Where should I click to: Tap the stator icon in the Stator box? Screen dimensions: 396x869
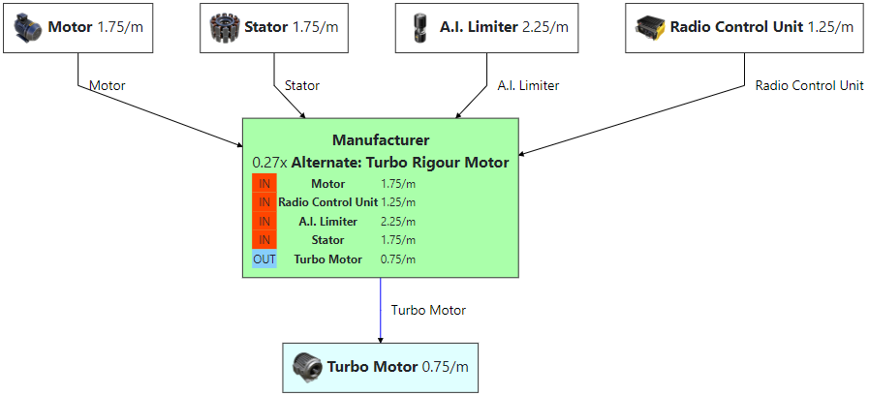click(225, 27)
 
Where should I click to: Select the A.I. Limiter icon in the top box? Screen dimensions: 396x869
click(419, 27)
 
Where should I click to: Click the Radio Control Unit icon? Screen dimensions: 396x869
click(649, 27)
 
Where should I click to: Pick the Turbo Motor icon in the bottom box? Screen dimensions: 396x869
click(308, 367)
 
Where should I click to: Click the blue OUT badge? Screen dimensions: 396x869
click(264, 259)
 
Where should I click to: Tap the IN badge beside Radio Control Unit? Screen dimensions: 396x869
click(264, 202)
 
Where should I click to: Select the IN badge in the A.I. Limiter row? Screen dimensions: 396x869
click(264, 222)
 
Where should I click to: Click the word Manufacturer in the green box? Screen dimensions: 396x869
click(380, 140)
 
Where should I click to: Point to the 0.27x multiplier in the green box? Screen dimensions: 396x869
click(269, 163)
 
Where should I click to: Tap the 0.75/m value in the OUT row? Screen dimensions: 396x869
click(398, 259)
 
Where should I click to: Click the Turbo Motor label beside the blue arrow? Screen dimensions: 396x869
click(428, 311)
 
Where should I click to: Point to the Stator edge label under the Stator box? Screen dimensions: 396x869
click(302, 86)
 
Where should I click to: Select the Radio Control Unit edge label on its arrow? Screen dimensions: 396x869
click(809, 86)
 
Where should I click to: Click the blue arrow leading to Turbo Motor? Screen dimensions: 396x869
click(380, 310)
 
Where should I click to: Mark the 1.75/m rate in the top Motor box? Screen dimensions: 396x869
click(121, 27)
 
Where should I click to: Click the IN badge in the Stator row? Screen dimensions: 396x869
click(264, 240)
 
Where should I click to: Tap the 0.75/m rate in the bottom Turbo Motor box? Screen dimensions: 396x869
click(446, 367)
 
